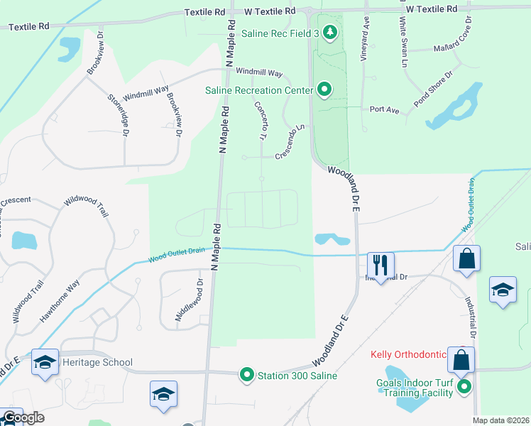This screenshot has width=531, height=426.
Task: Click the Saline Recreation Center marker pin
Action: coord(324,89)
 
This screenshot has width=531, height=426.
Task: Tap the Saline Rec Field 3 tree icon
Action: coord(329,33)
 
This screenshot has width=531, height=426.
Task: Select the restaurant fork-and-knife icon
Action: coord(381,266)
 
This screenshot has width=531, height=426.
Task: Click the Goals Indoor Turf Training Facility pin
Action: coord(464,387)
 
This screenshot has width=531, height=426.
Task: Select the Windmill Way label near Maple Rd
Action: coord(259,72)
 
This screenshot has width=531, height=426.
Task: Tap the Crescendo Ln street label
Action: coord(290,141)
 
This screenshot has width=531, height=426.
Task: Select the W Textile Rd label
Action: coord(270,11)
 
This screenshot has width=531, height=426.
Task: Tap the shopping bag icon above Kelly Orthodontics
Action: coord(461,360)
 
